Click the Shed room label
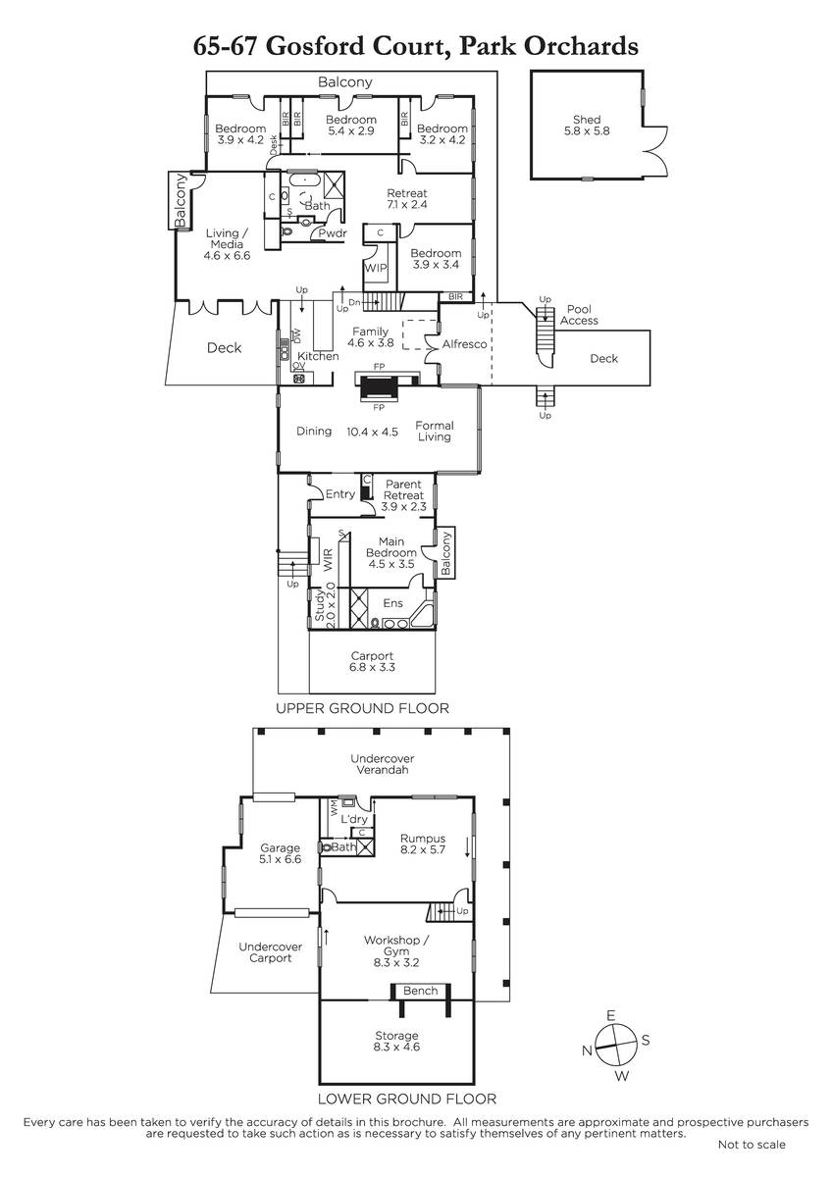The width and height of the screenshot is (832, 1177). pos(587,126)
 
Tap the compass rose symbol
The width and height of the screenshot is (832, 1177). pos(615,1046)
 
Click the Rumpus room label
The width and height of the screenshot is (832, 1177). pos(423,844)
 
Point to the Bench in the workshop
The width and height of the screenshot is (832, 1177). pos(421,991)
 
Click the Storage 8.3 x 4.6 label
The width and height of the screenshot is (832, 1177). pos(396,1041)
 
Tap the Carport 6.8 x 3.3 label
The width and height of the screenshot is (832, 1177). pos(372,661)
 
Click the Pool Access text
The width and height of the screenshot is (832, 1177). pos(579,315)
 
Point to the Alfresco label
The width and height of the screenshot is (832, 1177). pos(465,344)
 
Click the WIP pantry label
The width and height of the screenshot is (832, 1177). pos(376,268)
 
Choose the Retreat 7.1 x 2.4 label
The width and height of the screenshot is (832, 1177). pos(407,198)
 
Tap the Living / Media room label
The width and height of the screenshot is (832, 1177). pos(227,244)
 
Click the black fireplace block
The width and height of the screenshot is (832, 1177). pos(379,387)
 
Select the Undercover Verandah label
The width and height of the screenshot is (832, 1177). pos(382,764)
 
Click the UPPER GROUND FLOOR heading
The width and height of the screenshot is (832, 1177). pos(363,708)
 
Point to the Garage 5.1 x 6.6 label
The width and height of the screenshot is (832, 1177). pos(281,853)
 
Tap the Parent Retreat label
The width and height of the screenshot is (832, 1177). pos(403,495)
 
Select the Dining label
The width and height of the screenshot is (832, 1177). pos(314,432)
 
